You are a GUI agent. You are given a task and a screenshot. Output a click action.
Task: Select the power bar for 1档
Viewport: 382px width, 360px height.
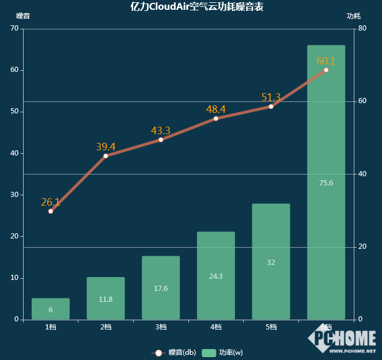(51, 309)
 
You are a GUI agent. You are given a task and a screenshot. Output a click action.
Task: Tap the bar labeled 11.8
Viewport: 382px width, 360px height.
(105, 298)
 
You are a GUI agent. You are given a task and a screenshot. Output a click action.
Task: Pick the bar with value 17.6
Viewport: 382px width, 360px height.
(161, 287)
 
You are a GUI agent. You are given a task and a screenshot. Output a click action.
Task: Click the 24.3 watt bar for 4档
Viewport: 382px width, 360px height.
(216, 275)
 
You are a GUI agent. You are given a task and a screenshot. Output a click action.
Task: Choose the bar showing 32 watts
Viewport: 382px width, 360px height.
(271, 262)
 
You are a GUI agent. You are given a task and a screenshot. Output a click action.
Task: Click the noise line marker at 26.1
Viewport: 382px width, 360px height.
(51, 211)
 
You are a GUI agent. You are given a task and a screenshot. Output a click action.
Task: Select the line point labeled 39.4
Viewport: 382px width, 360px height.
(105, 156)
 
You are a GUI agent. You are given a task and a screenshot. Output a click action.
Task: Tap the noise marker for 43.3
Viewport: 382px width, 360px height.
(161, 139)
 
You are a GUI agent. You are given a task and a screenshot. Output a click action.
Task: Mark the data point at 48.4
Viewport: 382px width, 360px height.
(216, 119)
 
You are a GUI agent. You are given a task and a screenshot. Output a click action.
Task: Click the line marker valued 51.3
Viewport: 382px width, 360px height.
(271, 107)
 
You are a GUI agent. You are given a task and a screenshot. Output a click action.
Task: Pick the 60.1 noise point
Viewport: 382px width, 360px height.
(326, 70)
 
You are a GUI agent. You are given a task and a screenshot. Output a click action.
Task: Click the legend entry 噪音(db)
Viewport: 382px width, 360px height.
(174, 353)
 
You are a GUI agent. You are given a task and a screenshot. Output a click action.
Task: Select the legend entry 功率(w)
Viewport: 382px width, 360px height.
(223, 353)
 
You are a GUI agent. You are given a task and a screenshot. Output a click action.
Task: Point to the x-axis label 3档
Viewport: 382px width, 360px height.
(161, 327)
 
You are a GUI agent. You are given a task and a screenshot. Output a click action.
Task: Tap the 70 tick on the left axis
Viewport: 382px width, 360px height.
(14, 28)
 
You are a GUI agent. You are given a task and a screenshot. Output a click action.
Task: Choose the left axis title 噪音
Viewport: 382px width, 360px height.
(23, 16)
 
